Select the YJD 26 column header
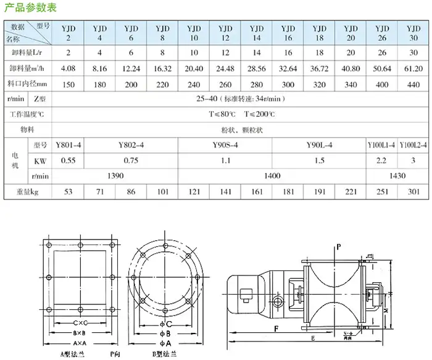382,33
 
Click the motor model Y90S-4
224,146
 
